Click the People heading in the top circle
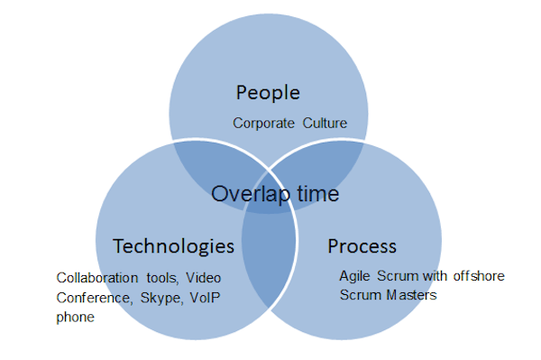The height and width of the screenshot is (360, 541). pyautogui.click(x=268, y=93)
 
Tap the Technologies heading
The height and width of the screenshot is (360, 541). pyautogui.click(x=173, y=247)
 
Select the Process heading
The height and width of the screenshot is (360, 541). pyautogui.click(x=362, y=246)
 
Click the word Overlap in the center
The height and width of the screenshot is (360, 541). pyautogui.click(x=251, y=194)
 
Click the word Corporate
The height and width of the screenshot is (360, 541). pyautogui.click(x=263, y=124)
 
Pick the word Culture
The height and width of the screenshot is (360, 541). pyautogui.click(x=325, y=124)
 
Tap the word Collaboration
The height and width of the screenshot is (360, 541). pyautogui.click(x=97, y=278)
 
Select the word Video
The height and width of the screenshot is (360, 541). pyautogui.click(x=203, y=278)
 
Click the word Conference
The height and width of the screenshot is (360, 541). pyautogui.click(x=94, y=298)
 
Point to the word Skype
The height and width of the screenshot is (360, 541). pyautogui.click(x=161, y=299)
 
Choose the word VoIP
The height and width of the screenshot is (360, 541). pyautogui.click(x=205, y=298)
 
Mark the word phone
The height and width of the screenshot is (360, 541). pyautogui.click(x=75, y=318)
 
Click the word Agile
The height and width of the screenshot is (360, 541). pyautogui.click(x=354, y=276)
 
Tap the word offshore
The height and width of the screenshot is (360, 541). pyautogui.click(x=479, y=276)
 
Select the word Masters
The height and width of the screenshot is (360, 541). pyautogui.click(x=412, y=295)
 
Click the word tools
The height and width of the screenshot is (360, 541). pyautogui.click(x=162, y=278)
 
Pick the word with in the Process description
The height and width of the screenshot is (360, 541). pyautogui.click(x=436, y=276)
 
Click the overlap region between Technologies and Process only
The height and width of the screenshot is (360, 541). pyautogui.click(x=269, y=255)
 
